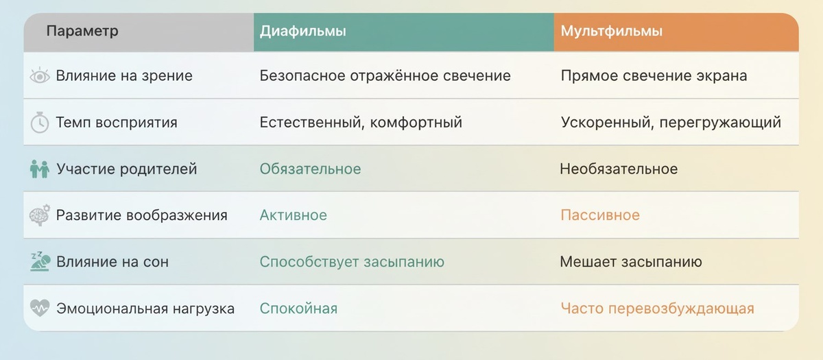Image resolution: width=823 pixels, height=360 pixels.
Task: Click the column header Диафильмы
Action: coord(302,32)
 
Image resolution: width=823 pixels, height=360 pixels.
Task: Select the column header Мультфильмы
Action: coord(611,32)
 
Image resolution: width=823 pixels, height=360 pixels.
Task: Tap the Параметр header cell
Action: coord(82,32)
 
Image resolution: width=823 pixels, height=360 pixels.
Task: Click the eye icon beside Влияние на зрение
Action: coord(40,76)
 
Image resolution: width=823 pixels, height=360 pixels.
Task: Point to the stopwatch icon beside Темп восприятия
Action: coord(40,123)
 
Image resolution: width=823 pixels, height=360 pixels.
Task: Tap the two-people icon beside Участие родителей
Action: coord(40,169)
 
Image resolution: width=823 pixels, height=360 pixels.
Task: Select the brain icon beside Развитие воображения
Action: coord(40,215)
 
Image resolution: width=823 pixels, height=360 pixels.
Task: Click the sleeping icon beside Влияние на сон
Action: coord(40,262)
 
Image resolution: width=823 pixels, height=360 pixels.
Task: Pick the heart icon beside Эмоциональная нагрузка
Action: coord(40,309)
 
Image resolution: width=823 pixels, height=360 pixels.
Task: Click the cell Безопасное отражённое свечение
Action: coord(385,76)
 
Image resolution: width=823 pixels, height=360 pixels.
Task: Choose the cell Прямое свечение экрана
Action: coord(654,76)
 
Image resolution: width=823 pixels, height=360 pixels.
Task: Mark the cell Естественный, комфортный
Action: coord(361,123)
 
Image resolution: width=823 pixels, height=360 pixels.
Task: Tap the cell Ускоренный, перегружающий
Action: coord(671,123)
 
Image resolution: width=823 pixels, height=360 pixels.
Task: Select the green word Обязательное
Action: coord(310,169)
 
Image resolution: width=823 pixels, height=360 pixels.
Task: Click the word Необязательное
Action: coord(619,169)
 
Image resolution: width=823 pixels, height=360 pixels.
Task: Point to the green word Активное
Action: coord(293,215)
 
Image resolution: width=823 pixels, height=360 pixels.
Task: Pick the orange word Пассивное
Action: coord(600,215)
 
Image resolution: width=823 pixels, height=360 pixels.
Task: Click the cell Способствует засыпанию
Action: coord(352,262)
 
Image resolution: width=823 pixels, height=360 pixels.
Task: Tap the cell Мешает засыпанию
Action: coord(631,262)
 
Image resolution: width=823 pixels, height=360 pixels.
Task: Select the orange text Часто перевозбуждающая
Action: coord(657,309)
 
